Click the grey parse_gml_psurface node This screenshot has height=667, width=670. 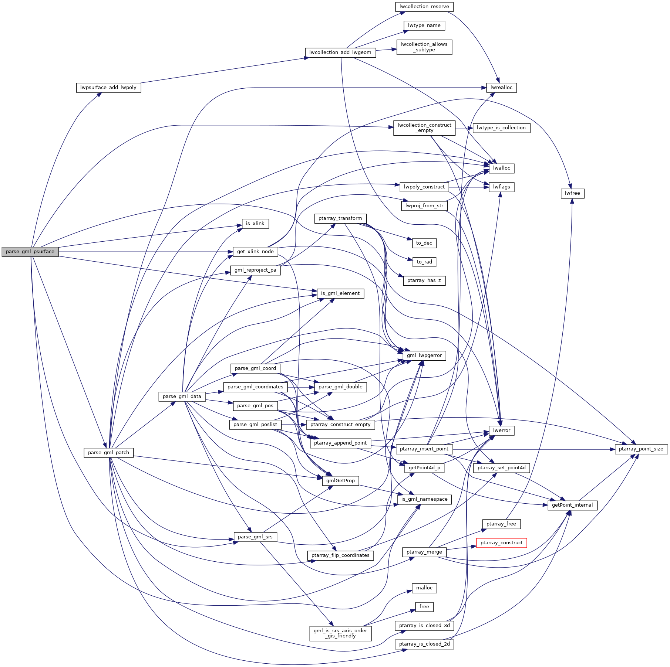click(30, 252)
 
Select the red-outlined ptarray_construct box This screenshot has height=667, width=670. click(501, 543)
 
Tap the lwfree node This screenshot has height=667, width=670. click(572, 193)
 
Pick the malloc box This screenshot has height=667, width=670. click(424, 588)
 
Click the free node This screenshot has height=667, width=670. click(424, 607)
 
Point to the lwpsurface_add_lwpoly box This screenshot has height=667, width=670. click(108, 88)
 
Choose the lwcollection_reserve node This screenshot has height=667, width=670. click(424, 7)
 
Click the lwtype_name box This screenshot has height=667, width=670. click(424, 25)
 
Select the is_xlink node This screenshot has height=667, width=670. click(255, 224)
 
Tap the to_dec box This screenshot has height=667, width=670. click(424, 243)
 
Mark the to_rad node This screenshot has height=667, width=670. click(424, 262)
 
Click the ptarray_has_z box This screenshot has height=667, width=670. click(424, 280)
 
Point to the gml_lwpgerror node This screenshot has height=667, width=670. click(424, 355)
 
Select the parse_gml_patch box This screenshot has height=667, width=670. click(108, 453)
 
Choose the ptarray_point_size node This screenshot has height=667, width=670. click(641, 449)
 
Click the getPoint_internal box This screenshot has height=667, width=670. click(572, 505)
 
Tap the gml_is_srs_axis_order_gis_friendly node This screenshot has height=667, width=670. click(340, 633)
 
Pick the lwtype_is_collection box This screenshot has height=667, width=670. click(501, 128)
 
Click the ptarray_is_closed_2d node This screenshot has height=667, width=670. click(424, 644)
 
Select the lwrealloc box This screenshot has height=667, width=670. click(501, 88)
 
